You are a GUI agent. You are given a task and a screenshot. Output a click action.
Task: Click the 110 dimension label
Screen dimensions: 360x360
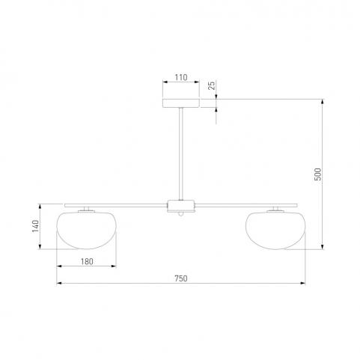pos(181,77)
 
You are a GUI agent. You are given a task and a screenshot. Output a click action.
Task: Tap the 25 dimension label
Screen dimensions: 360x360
pos(211,85)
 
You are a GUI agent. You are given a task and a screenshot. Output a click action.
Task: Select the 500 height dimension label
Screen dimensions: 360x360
pos(317,174)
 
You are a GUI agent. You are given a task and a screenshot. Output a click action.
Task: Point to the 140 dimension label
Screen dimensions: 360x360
pos(35,226)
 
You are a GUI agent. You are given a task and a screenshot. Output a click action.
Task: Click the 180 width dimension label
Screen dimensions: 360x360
pos(87,261)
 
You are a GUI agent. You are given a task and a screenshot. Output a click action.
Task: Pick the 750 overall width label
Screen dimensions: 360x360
pos(181,278)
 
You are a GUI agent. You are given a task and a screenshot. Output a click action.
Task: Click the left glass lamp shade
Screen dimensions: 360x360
pos(87,231)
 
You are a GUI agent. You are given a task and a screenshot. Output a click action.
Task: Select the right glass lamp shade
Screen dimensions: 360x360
pos(275,231)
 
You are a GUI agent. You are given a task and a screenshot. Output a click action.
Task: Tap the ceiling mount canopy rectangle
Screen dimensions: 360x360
pos(181,103)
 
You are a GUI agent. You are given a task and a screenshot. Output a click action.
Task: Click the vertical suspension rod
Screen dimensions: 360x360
pos(181,153)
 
